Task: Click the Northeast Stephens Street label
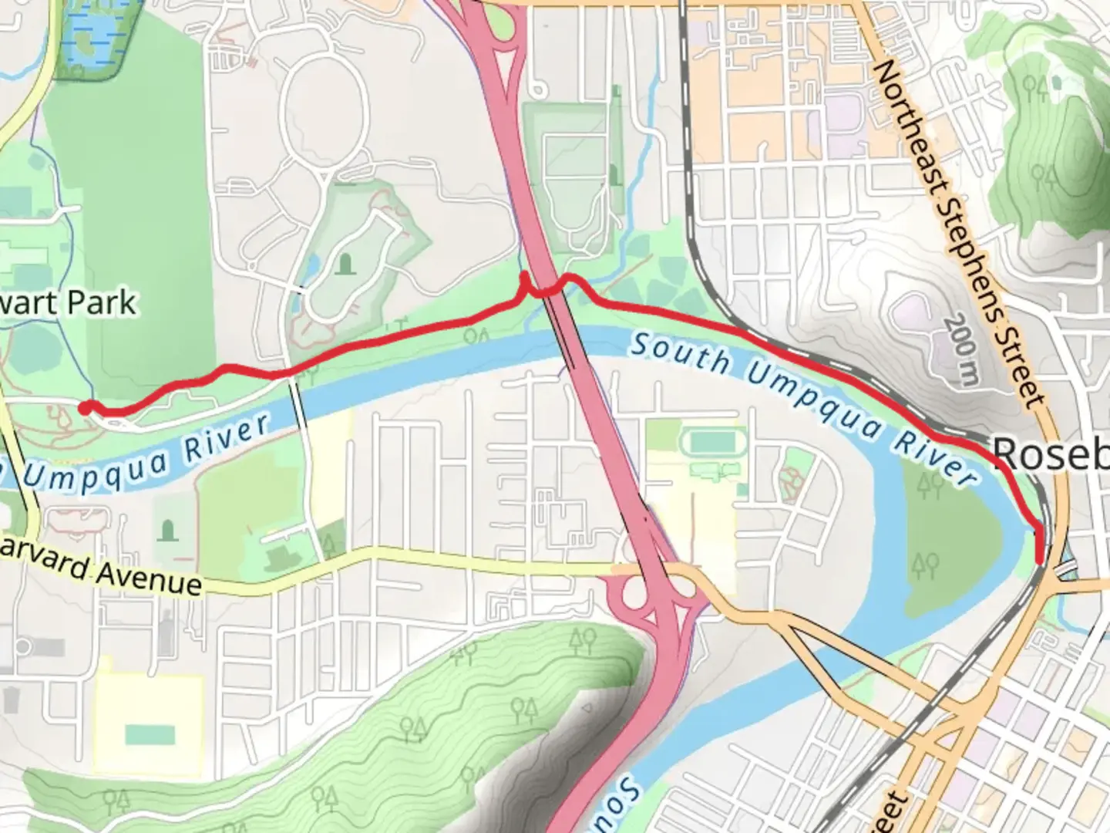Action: click(x=960, y=235)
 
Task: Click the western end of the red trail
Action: click(x=85, y=407)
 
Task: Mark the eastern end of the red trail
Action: click(x=1040, y=562)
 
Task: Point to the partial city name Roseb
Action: click(x=1050, y=454)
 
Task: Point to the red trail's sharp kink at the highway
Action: click(x=526, y=279)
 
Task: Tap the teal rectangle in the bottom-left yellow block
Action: click(x=150, y=734)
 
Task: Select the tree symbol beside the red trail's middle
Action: click(x=479, y=336)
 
